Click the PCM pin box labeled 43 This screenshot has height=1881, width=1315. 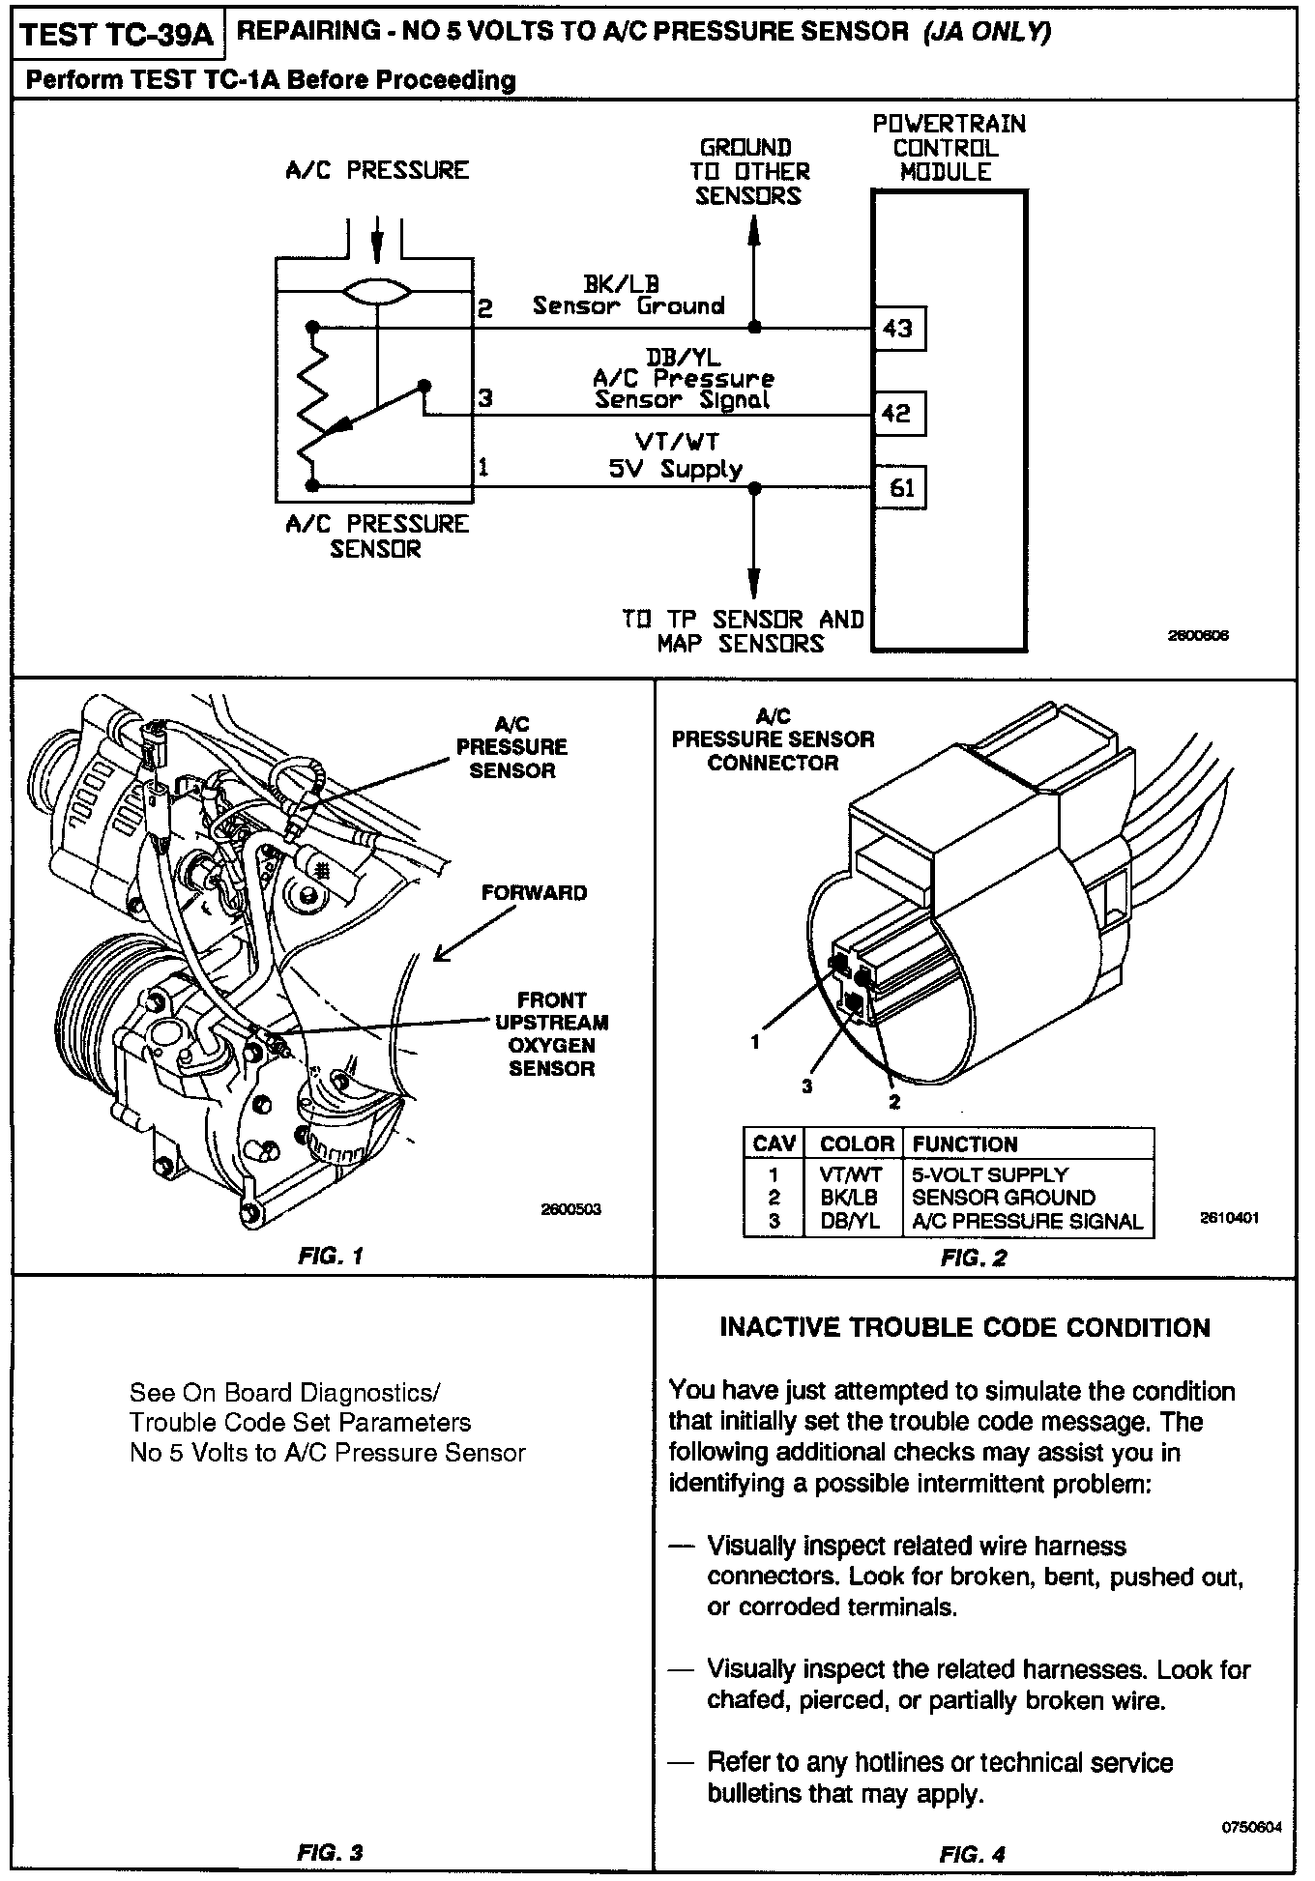898,329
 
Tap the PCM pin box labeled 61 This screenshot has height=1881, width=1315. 900,488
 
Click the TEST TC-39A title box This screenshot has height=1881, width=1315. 115,36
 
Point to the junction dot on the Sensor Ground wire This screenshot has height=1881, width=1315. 755,328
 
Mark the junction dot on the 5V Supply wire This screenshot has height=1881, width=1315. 755,488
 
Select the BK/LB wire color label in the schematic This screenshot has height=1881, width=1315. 621,284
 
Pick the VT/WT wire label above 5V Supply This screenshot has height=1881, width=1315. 677,443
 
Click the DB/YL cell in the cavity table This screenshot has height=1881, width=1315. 850,1221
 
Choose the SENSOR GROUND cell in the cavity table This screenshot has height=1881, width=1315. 1003,1198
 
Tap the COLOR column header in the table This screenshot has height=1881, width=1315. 856,1144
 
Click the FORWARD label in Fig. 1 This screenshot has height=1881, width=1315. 534,893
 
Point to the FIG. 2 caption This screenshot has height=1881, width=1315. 973,1259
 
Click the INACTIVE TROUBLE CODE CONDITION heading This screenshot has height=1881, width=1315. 964,1328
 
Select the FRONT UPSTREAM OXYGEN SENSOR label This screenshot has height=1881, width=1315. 551,1034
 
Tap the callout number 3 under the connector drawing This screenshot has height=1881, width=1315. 806,1086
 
